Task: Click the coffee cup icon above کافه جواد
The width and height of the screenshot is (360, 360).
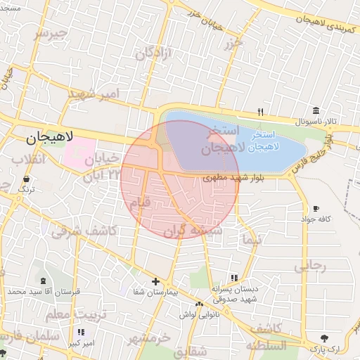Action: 316,208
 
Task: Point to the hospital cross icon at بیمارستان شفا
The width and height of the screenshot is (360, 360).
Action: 156,281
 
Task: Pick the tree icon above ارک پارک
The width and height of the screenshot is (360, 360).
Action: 324,338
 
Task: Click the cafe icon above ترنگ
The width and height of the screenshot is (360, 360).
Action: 26,180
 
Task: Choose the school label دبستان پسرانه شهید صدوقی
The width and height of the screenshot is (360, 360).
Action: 235,293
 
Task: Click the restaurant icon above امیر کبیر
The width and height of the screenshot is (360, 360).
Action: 82,332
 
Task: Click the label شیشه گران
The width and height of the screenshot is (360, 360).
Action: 193,231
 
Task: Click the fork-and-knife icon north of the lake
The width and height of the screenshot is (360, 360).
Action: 260,112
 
